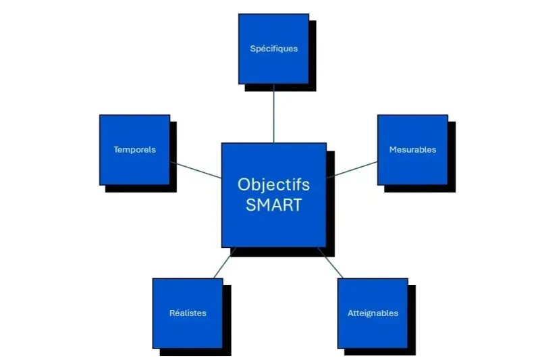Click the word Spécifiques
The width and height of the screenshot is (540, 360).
pos(273,49)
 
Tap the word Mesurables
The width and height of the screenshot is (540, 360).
pos(412,149)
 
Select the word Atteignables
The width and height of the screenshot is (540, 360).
pos(373,313)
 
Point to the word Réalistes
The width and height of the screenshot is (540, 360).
pos(188,313)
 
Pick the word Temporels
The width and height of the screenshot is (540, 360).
pos(134,149)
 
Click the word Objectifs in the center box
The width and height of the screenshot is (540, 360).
pos(273,184)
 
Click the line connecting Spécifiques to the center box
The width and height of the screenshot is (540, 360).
pos(274,115)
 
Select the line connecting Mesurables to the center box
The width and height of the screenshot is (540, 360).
pos(352,169)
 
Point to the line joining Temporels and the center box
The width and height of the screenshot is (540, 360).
pos(196,170)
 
